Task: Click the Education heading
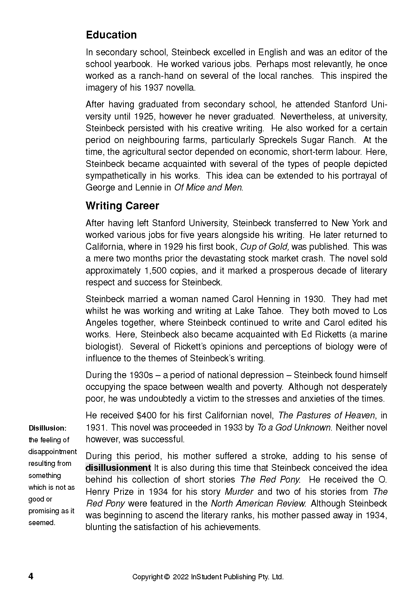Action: (111, 35)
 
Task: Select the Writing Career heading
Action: (122, 206)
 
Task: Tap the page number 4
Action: (31, 576)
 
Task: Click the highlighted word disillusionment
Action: (118, 468)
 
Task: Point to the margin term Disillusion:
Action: (47, 428)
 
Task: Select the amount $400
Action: (146, 416)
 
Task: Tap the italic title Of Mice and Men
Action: (208, 188)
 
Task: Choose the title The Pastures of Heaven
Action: (326, 416)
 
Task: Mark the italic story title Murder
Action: (239, 492)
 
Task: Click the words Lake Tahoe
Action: (259, 311)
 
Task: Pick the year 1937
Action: (153, 88)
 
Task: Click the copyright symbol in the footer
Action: (167, 577)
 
